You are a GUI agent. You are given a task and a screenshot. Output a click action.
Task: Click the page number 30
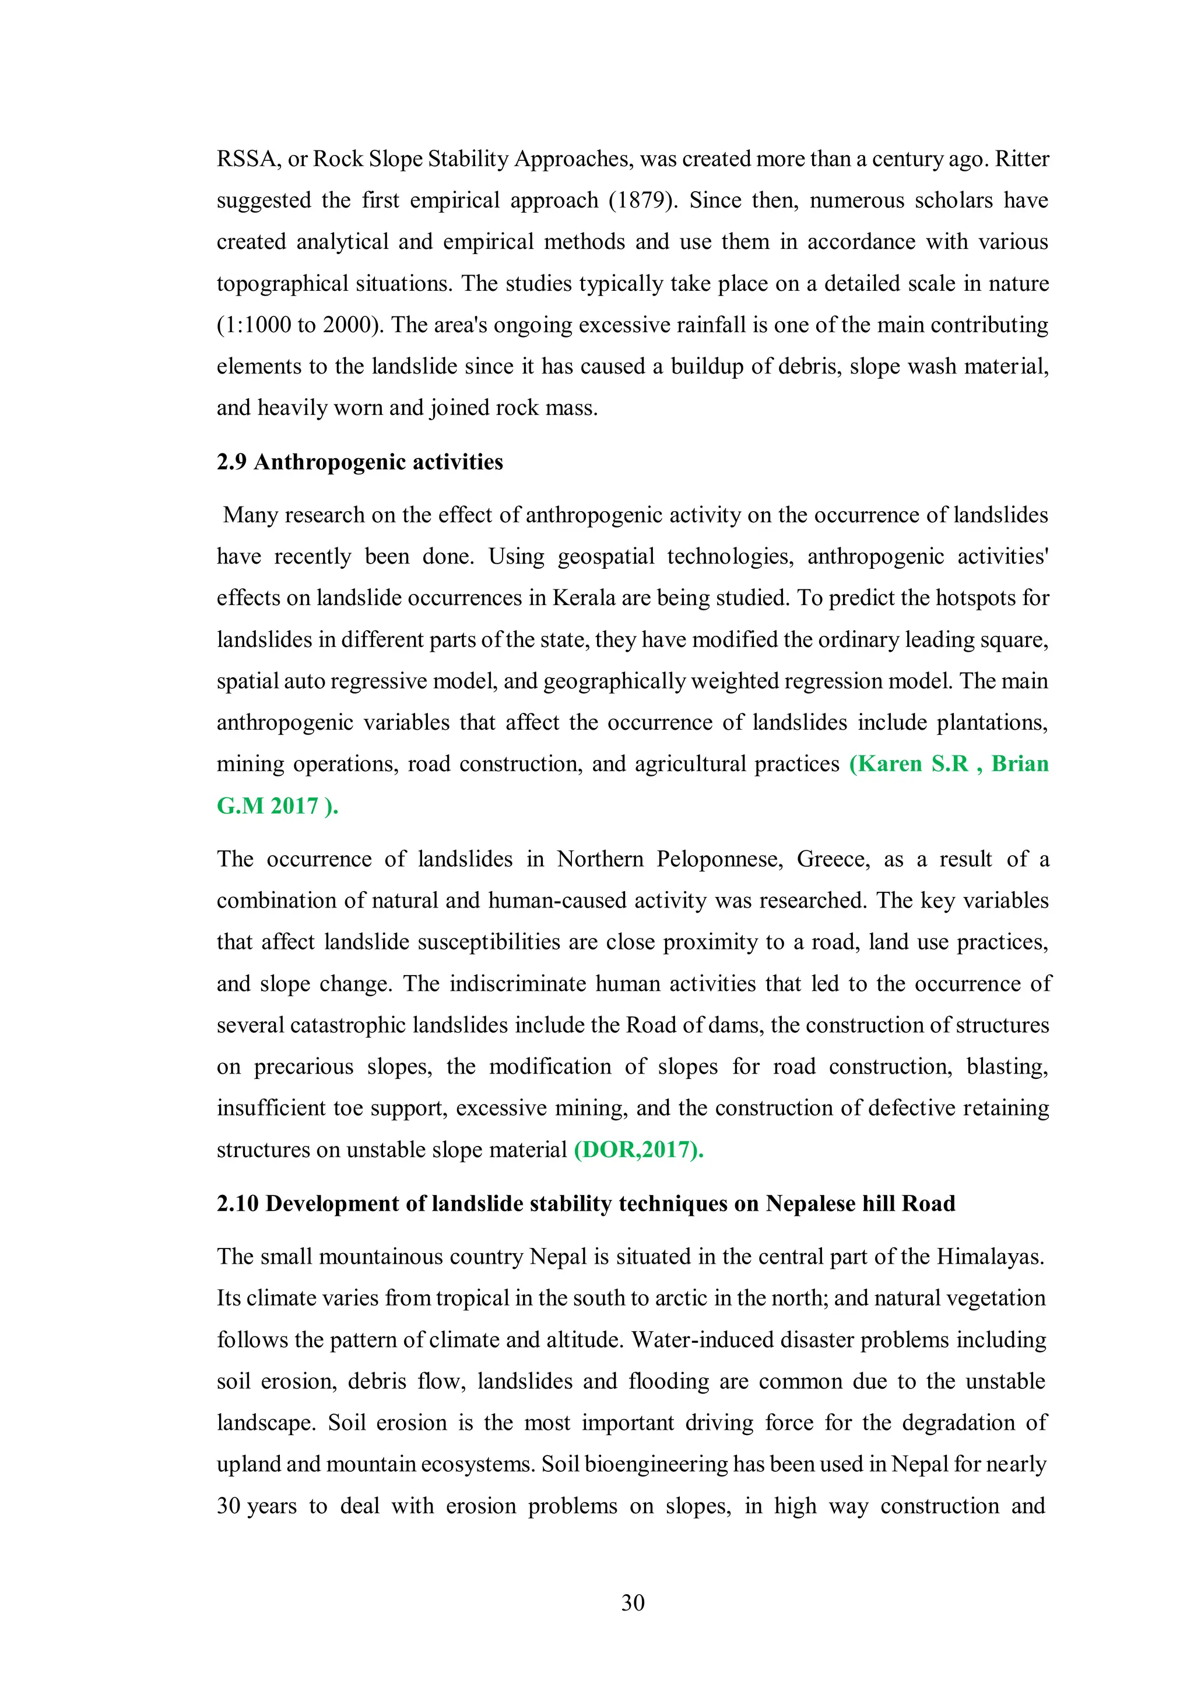coord(633,1603)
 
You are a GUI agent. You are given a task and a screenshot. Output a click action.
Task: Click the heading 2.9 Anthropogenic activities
coord(360,462)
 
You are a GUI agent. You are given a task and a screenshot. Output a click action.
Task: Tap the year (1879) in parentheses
coord(642,200)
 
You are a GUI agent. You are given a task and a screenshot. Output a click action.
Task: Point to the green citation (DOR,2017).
coord(638,1150)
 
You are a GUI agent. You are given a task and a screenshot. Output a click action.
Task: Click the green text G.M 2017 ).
coord(277,806)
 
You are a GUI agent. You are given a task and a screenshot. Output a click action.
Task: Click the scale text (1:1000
coord(254,325)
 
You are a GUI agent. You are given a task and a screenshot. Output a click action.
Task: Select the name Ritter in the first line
coord(1022,159)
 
